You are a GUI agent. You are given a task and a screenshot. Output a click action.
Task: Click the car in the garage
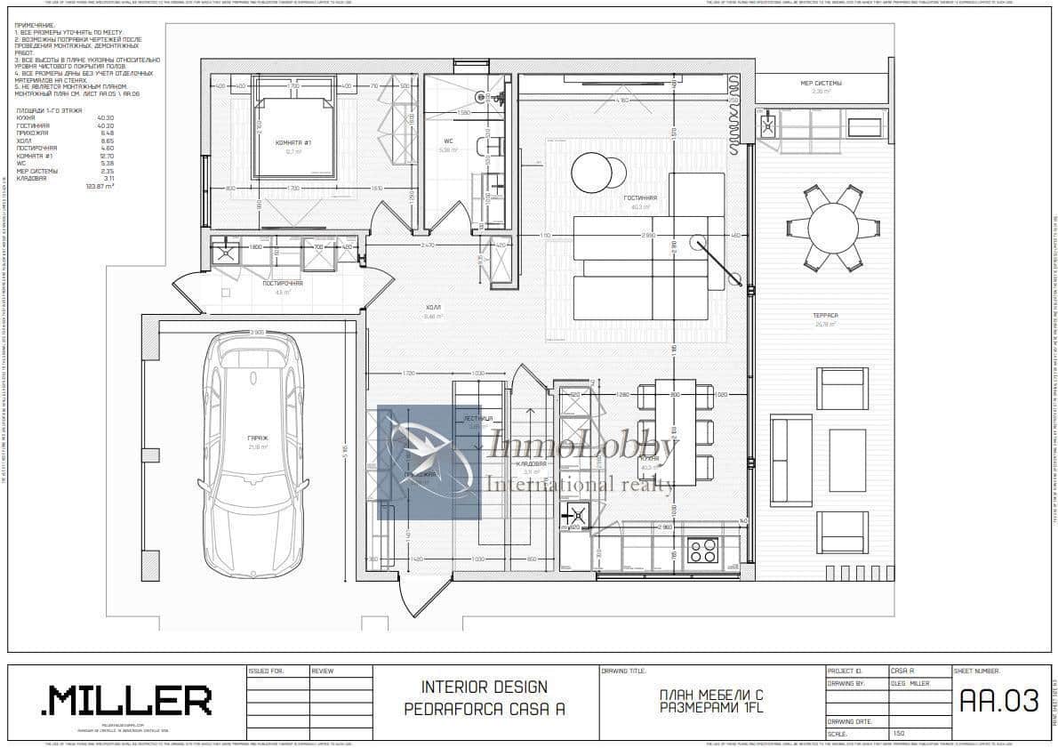(252, 454)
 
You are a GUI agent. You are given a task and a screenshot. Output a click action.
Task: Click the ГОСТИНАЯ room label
(639, 198)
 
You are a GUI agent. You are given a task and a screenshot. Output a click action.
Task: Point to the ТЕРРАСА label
(825, 316)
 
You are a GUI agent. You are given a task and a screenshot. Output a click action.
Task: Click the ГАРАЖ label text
(258, 438)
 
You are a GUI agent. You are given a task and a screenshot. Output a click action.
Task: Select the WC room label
(449, 141)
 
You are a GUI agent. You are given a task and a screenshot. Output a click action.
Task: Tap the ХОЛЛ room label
(433, 307)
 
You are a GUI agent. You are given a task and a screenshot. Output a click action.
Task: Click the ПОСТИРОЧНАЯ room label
(283, 283)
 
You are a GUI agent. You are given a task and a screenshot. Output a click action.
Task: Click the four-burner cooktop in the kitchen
(703, 551)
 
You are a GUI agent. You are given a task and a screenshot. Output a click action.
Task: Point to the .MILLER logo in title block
(126, 701)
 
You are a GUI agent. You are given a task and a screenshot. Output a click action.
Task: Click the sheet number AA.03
(999, 701)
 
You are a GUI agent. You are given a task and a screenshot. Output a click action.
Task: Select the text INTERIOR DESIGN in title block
(484, 688)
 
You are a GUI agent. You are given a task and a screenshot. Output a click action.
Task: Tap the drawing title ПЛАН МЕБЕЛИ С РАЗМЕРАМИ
(711, 701)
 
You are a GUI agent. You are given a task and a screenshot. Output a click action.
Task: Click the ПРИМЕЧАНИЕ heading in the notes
(35, 26)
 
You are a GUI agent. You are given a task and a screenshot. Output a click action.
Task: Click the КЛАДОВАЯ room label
(531, 464)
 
